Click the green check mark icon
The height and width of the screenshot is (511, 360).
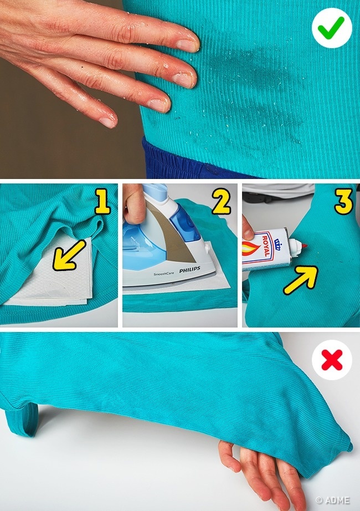tap(331, 28)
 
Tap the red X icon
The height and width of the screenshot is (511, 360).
tap(332, 360)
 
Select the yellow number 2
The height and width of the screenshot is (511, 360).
tap(221, 201)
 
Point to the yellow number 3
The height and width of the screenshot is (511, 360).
tap(344, 201)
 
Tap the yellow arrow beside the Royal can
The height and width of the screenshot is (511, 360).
tap(300, 280)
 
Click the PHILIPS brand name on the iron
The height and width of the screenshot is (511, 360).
tap(189, 269)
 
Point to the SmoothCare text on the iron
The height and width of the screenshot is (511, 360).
tap(163, 274)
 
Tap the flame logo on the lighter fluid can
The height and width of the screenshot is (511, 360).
tap(250, 252)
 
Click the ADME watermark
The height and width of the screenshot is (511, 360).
tap(333, 500)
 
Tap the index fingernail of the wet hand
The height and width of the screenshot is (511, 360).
tap(187, 45)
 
